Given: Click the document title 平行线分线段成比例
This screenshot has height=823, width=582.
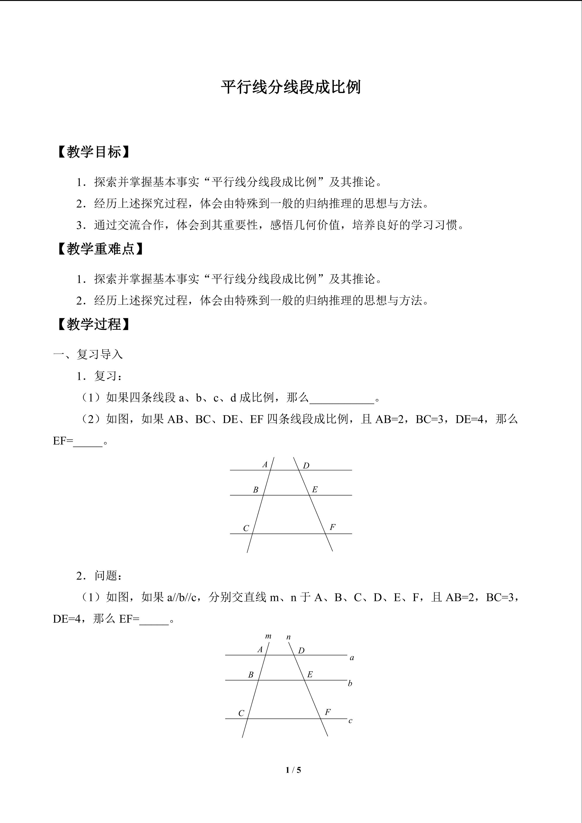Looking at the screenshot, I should pyautogui.click(x=291, y=87).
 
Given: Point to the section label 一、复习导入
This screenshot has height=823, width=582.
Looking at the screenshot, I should pyautogui.click(x=88, y=354).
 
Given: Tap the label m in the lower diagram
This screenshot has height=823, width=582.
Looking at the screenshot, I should pyautogui.click(x=268, y=636).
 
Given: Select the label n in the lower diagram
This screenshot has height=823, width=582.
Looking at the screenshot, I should pyautogui.click(x=288, y=637).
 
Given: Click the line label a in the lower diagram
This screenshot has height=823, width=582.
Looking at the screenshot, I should pyautogui.click(x=352, y=658).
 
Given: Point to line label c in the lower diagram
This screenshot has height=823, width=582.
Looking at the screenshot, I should pyautogui.click(x=351, y=721).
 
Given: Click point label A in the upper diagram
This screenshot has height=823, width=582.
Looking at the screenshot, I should pyautogui.click(x=265, y=465).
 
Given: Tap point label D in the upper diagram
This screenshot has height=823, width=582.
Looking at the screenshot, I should pyautogui.click(x=306, y=466).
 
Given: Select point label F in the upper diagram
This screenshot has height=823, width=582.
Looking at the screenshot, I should pyautogui.click(x=332, y=527).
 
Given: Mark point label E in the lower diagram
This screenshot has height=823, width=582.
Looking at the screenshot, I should pyautogui.click(x=310, y=674).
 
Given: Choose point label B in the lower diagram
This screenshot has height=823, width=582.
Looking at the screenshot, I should pyautogui.click(x=251, y=675).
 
